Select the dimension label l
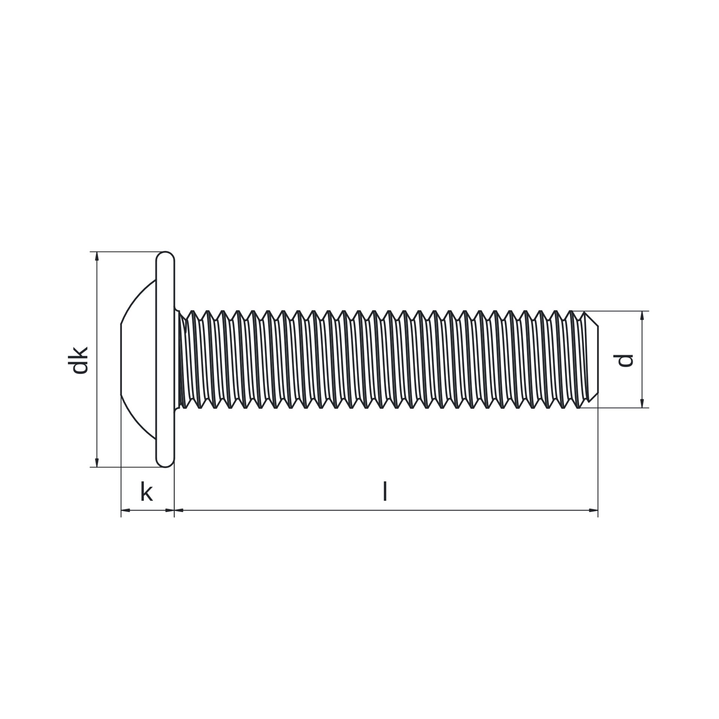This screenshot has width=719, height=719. tap(385, 491)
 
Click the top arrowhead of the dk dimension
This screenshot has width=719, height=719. tap(97, 256)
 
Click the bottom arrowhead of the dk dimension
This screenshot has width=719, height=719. tap(97, 463)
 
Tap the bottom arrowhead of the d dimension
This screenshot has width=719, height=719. tap(642, 403)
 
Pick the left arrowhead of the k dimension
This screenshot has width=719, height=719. tap(125, 510)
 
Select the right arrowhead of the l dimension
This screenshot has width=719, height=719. tap(594, 510)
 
